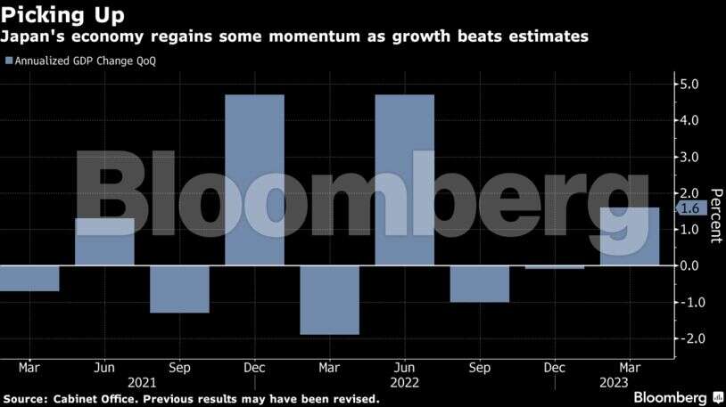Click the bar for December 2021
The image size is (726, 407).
[254, 179]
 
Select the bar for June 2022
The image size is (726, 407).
[404, 179]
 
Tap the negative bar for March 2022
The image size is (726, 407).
[329, 300]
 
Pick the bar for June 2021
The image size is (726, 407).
[104, 241]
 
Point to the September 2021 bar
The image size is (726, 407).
[179, 289]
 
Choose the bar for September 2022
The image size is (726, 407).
[479, 284]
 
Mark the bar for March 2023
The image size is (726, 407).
[630, 236]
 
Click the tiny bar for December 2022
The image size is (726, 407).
[554, 267]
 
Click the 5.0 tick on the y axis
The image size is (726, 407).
[689, 85]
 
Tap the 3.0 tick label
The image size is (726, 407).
[689, 158]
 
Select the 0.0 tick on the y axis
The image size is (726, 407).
[689, 266]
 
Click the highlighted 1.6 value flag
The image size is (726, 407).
[689, 208]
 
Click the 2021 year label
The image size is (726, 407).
[142, 382]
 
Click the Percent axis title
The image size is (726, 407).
[714, 216]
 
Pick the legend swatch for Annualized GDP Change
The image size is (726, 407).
[9, 61]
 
